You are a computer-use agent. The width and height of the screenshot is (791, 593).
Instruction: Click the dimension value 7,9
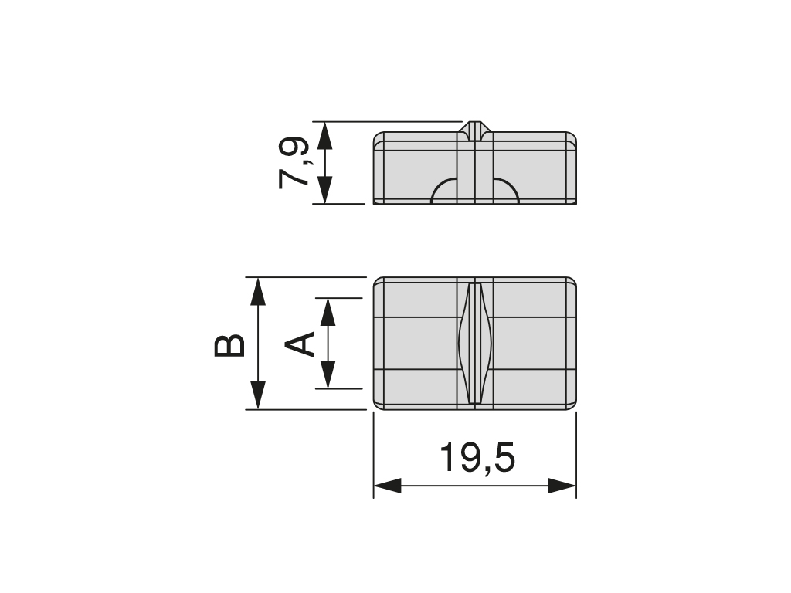(x=294, y=163)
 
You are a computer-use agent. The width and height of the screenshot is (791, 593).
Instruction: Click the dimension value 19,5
(x=477, y=458)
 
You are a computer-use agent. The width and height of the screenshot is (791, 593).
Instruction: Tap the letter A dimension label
(x=301, y=344)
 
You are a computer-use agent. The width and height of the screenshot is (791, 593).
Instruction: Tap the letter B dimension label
(x=229, y=345)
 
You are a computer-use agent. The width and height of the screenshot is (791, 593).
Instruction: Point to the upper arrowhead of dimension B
(x=258, y=292)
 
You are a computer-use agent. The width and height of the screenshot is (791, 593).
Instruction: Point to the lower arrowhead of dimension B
(x=258, y=395)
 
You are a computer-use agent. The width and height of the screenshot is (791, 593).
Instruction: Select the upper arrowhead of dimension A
(x=328, y=311)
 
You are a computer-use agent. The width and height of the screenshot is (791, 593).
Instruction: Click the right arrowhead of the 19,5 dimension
(x=562, y=486)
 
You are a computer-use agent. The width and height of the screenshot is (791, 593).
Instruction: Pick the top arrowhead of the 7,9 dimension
(x=324, y=135)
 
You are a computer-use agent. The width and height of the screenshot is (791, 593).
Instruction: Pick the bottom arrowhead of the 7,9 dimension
(x=324, y=190)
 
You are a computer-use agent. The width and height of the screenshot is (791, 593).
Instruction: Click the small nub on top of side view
(x=474, y=127)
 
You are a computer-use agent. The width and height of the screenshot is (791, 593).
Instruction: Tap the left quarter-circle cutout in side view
(x=444, y=191)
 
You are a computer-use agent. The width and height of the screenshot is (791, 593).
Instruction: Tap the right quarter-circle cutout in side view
(x=505, y=191)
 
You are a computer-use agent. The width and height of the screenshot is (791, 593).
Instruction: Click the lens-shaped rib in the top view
(x=475, y=343)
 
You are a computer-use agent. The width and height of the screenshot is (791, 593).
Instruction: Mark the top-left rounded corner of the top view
(x=378, y=280)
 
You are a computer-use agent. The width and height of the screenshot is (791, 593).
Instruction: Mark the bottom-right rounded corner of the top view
(x=572, y=405)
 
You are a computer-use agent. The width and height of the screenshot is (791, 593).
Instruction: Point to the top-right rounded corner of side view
(x=572, y=137)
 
